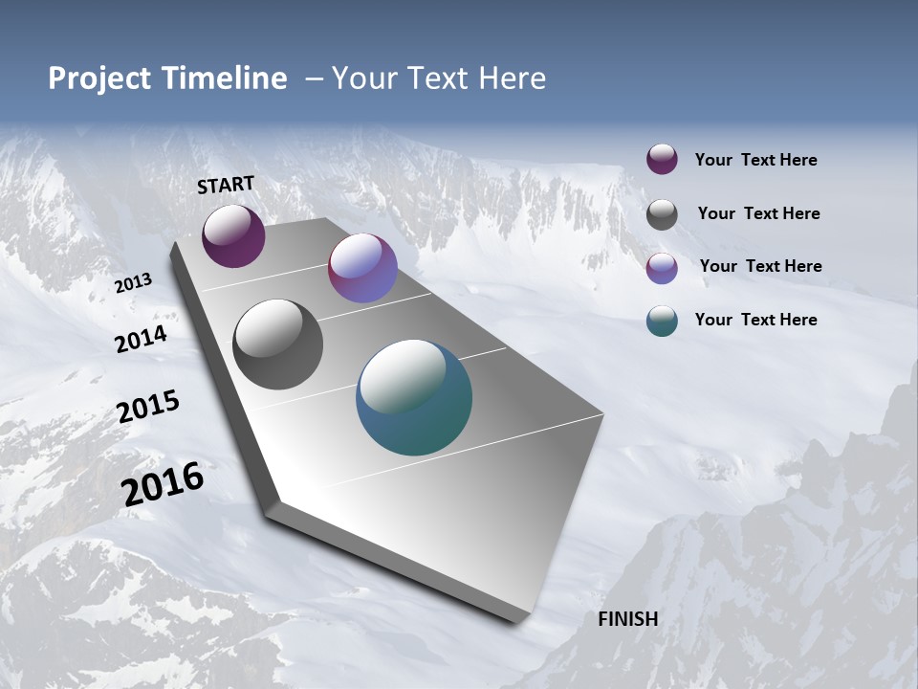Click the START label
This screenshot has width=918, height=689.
tap(226, 184)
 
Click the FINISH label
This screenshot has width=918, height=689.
tap(627, 619)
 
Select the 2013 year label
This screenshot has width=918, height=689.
tap(134, 282)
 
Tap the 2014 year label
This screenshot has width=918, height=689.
tap(142, 339)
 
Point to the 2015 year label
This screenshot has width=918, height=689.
tap(148, 407)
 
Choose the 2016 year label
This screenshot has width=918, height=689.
tap(163, 484)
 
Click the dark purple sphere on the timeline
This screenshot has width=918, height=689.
tap(233, 236)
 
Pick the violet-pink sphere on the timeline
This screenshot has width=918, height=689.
tap(362, 268)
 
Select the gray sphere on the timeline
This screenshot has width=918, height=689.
tap(277, 344)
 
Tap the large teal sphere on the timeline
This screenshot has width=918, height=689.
tap(414, 397)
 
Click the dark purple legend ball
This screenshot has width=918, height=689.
tap(662, 160)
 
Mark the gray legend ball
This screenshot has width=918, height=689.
tap(662, 214)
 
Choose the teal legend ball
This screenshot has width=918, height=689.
tap(662, 321)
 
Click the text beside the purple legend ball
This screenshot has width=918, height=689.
tap(755, 160)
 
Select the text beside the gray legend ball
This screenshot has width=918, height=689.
tap(758, 213)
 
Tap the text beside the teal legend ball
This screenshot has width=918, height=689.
tap(755, 320)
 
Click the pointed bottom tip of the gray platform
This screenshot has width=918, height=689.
tap(517, 620)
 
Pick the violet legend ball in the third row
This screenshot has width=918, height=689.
tap(662, 268)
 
